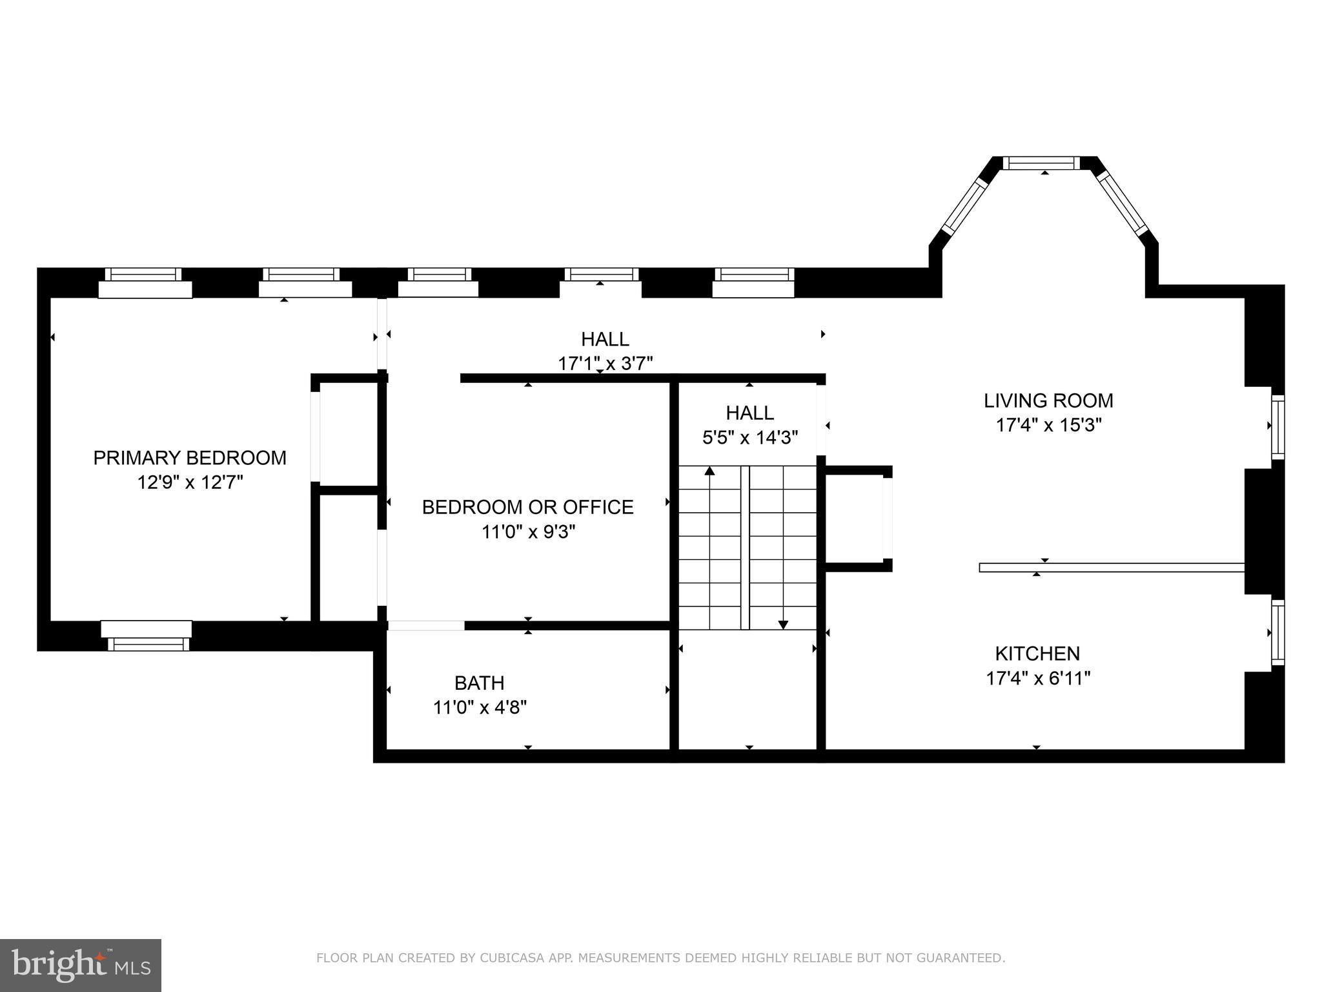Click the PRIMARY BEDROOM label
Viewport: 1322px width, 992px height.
(189, 458)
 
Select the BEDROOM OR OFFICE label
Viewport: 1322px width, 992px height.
(527, 507)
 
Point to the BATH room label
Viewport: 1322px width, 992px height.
(479, 683)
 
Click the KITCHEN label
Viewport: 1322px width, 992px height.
(1037, 654)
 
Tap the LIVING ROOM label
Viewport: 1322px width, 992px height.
(1048, 400)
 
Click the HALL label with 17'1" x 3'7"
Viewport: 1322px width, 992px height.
(605, 339)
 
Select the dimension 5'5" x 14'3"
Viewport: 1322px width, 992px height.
(749, 438)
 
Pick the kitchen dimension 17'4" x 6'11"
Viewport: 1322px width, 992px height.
(1038, 678)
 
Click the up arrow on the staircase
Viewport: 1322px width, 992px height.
(709, 471)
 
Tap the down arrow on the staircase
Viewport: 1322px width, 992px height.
(783, 624)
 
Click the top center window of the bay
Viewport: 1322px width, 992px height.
(1041, 163)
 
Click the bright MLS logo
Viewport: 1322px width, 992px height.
(80, 965)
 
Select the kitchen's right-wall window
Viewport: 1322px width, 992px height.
(1277, 632)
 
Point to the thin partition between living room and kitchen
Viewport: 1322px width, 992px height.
(1110, 568)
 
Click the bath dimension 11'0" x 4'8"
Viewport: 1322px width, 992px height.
(479, 707)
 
